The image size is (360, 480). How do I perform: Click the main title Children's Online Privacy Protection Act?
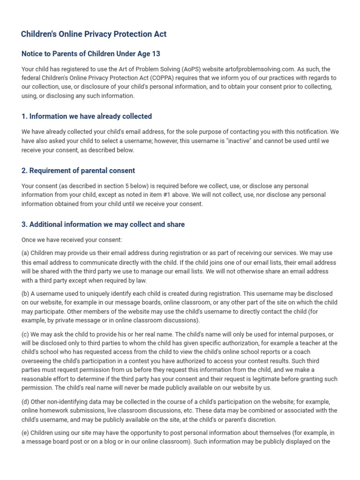click(94, 34)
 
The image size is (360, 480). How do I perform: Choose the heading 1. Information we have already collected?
click(87, 116)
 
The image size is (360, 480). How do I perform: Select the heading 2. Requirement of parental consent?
click(78, 171)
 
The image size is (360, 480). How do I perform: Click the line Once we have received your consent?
click(72, 240)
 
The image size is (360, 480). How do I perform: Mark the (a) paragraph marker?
click(25, 254)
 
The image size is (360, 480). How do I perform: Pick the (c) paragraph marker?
click(25, 334)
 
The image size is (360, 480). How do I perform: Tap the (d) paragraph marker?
click(25, 402)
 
